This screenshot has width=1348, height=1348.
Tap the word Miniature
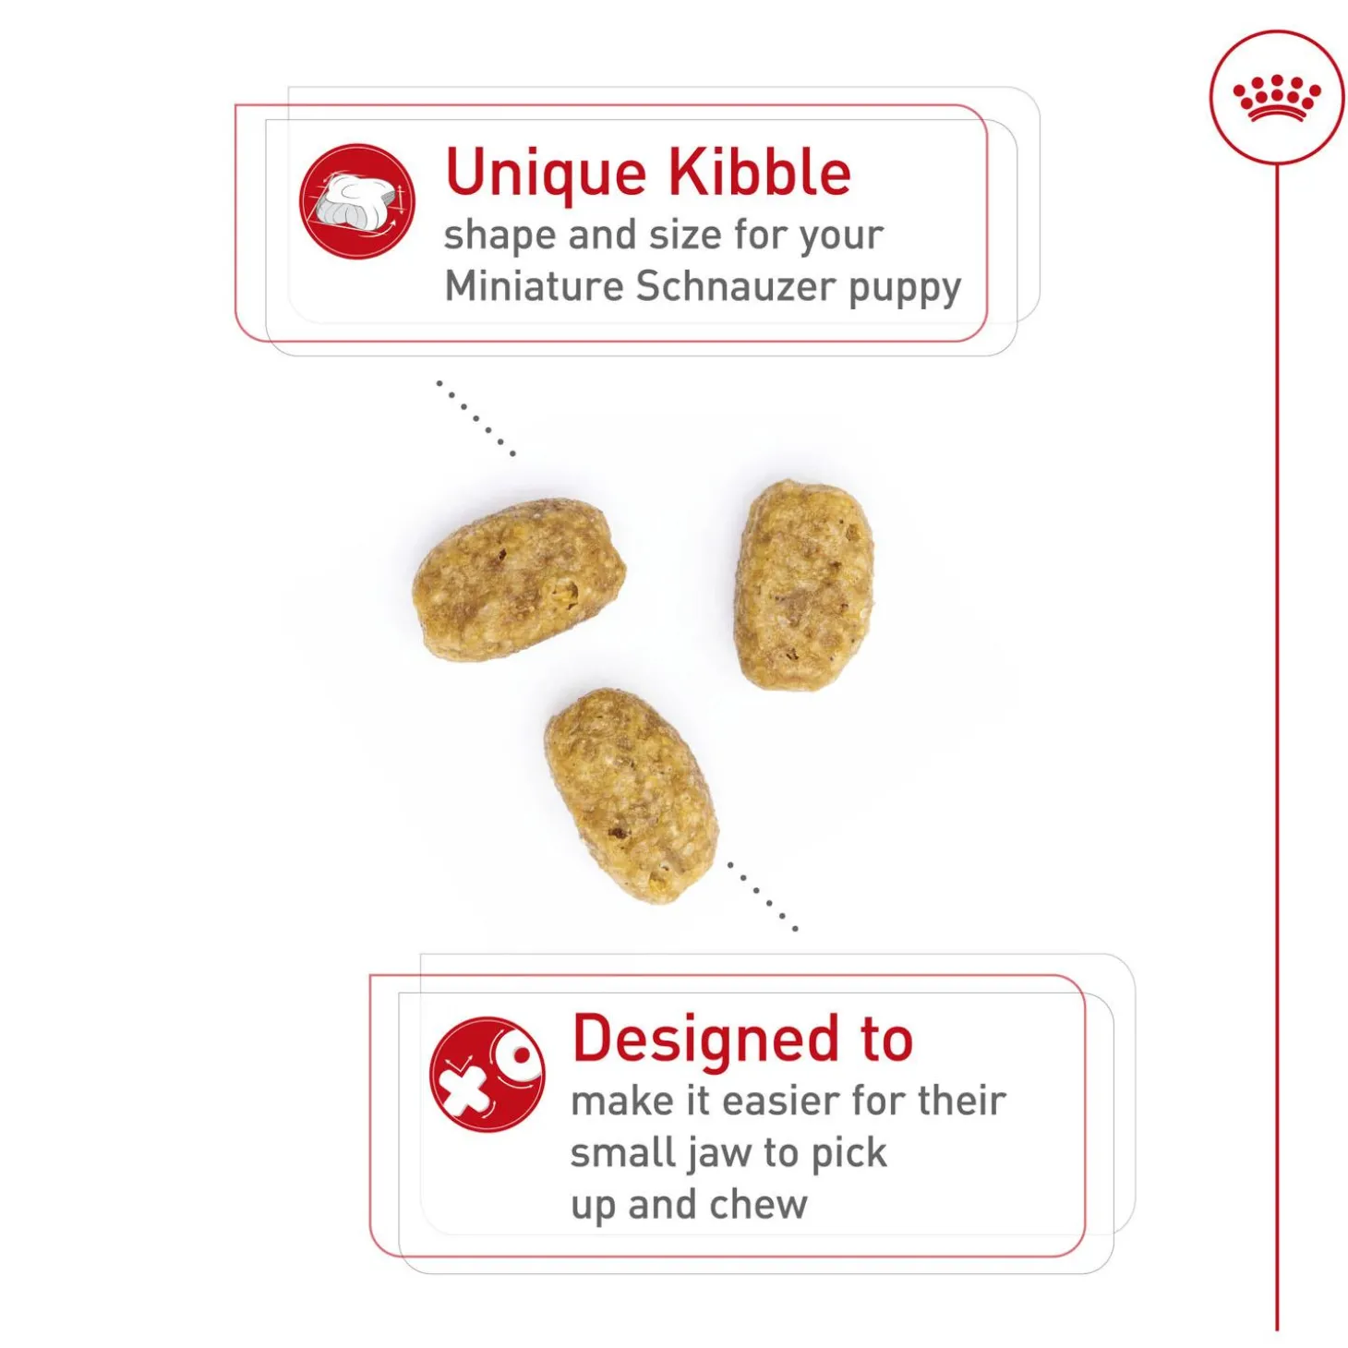(x=534, y=286)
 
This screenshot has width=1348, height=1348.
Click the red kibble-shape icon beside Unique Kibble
(x=357, y=201)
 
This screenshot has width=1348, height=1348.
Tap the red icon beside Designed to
(x=487, y=1075)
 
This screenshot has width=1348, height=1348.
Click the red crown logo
(x=1277, y=97)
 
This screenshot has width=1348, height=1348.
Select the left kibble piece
(x=518, y=580)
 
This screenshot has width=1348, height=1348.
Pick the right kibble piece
(x=804, y=585)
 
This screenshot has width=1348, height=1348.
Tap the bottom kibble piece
(x=632, y=795)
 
